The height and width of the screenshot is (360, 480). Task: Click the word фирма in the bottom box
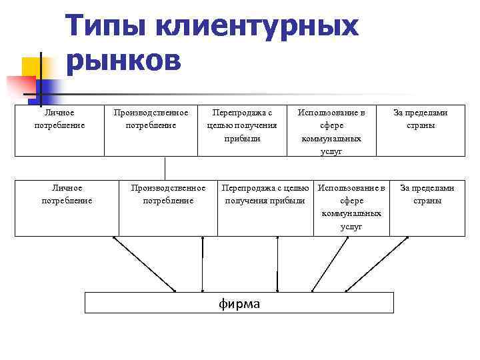pyautogui.click(x=239, y=304)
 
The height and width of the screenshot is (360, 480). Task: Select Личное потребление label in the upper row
pyautogui.click(x=59, y=119)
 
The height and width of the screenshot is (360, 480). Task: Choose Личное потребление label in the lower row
pyautogui.click(x=67, y=194)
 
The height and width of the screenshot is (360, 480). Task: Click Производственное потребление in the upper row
pyautogui.click(x=151, y=119)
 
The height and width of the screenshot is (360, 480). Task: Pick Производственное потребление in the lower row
pyautogui.click(x=168, y=194)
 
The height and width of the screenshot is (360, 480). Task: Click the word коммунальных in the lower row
pyautogui.click(x=351, y=213)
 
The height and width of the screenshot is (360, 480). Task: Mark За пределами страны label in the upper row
pyautogui.click(x=420, y=119)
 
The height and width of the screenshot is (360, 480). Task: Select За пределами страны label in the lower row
pyautogui.click(x=427, y=194)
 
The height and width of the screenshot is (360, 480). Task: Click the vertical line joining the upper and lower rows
pyautogui.click(x=165, y=167)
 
